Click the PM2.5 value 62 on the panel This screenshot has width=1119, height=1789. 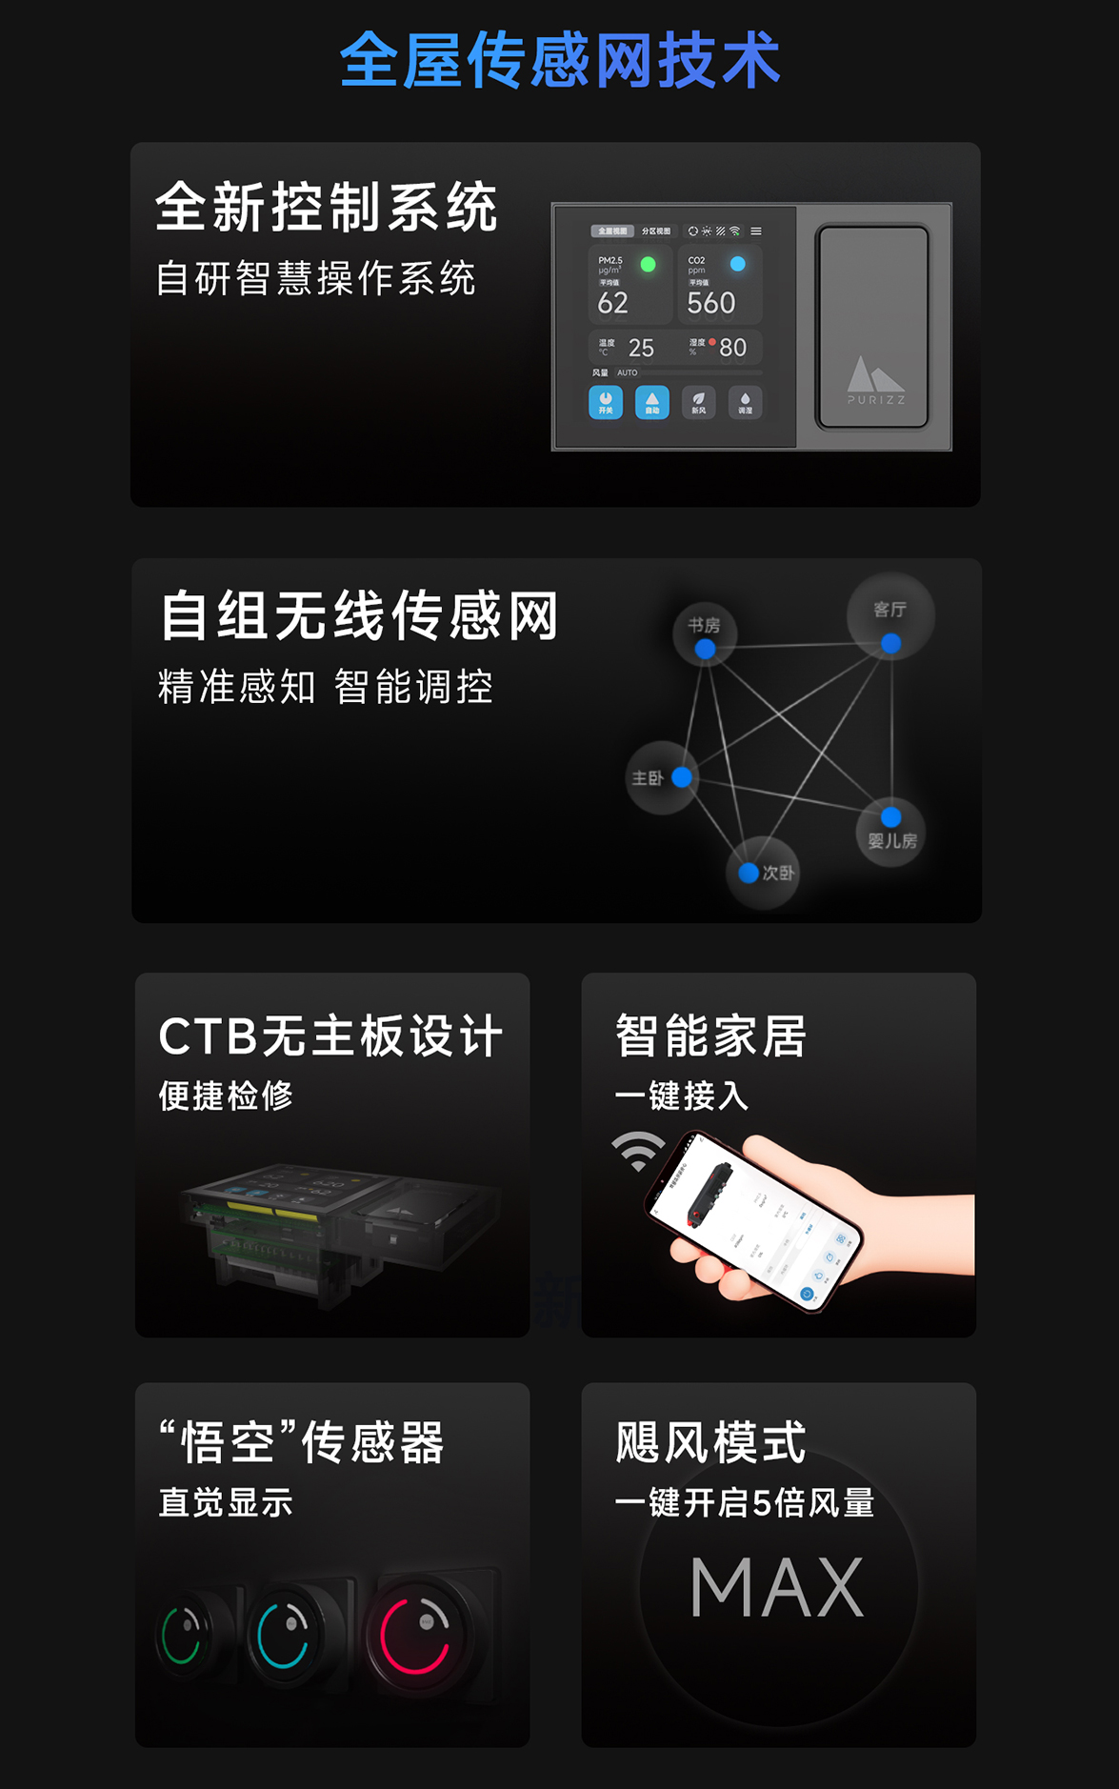point(612,303)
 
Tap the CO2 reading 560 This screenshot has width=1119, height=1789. point(710,303)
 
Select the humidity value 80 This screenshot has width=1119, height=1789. point(732,348)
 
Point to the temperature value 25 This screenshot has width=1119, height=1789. point(641,348)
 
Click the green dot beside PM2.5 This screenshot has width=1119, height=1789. point(648,264)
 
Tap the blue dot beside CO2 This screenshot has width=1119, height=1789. point(737,264)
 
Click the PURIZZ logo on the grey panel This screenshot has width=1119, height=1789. point(875,380)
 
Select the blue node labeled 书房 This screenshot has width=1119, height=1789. point(705,649)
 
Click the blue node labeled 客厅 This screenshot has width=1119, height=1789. point(890,644)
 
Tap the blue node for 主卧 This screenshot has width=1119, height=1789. point(682,777)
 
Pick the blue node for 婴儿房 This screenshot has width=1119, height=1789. point(890,817)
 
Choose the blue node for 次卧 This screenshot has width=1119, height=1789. point(749,873)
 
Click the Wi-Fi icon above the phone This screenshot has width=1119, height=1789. point(638,1151)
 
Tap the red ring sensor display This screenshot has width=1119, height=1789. point(415,1635)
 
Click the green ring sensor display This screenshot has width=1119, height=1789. point(183,1635)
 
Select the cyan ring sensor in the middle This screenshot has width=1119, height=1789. point(284,1635)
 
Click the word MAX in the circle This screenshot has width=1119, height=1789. point(777,1587)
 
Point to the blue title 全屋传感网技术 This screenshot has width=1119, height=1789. point(560,60)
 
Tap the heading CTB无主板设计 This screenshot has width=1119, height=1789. point(330,1036)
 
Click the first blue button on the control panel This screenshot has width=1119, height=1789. point(606,402)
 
